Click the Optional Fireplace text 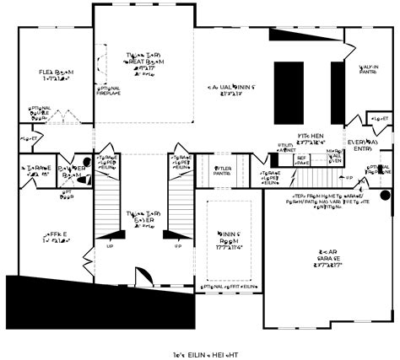109,90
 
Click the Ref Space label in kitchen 301,159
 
